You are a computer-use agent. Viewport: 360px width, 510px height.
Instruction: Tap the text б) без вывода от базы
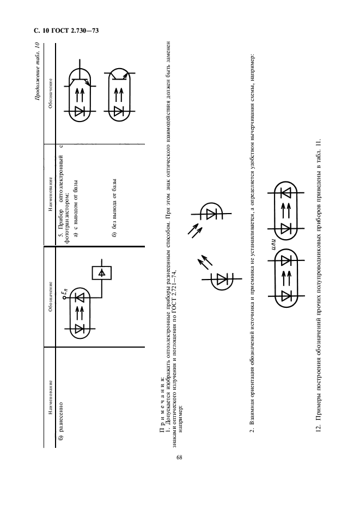point(114,208)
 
